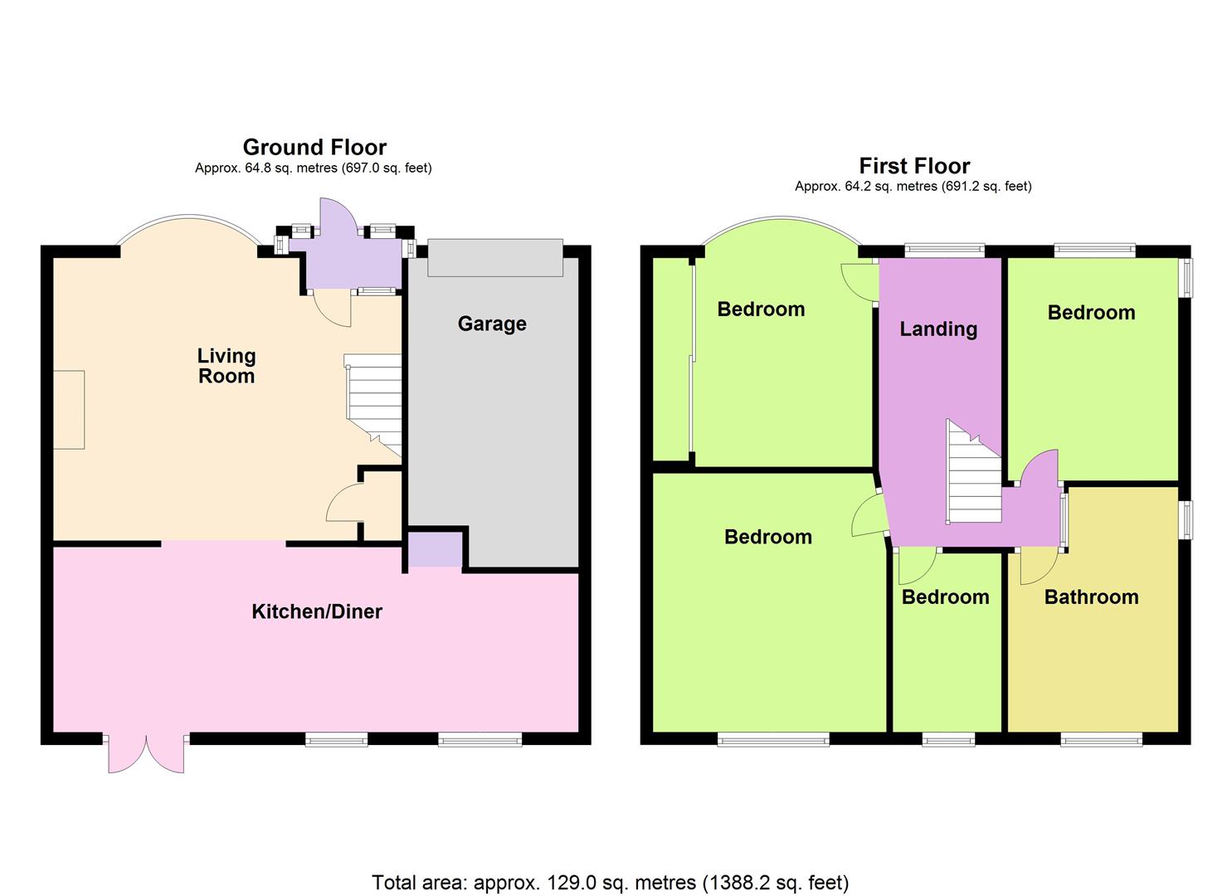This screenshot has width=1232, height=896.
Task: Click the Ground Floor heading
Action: pos(314,148)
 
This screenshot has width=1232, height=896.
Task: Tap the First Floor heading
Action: pos(914,166)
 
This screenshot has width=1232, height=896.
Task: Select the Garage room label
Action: pos(492,324)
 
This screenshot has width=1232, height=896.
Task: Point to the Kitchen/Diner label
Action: pos(317,611)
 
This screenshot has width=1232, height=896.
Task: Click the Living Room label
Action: pos(226,366)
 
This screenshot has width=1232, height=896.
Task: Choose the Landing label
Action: pos(938,329)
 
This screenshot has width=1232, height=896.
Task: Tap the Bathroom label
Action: pos(1091,597)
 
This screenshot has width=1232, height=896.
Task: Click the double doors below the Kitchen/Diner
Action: pos(146,753)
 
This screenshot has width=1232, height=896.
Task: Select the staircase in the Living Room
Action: pos(373,405)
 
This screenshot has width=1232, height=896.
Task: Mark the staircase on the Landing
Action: pos(973,471)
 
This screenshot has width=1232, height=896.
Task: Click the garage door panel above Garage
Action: pos(495,257)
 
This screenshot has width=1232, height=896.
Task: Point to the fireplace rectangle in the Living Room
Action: pos(69,410)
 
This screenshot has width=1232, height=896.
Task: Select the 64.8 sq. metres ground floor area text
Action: pos(313,168)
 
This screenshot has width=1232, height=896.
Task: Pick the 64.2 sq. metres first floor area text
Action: pos(913,187)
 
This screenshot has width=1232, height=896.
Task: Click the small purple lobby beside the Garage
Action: pos(435,549)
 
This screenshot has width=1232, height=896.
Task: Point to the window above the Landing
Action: pos(945,251)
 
